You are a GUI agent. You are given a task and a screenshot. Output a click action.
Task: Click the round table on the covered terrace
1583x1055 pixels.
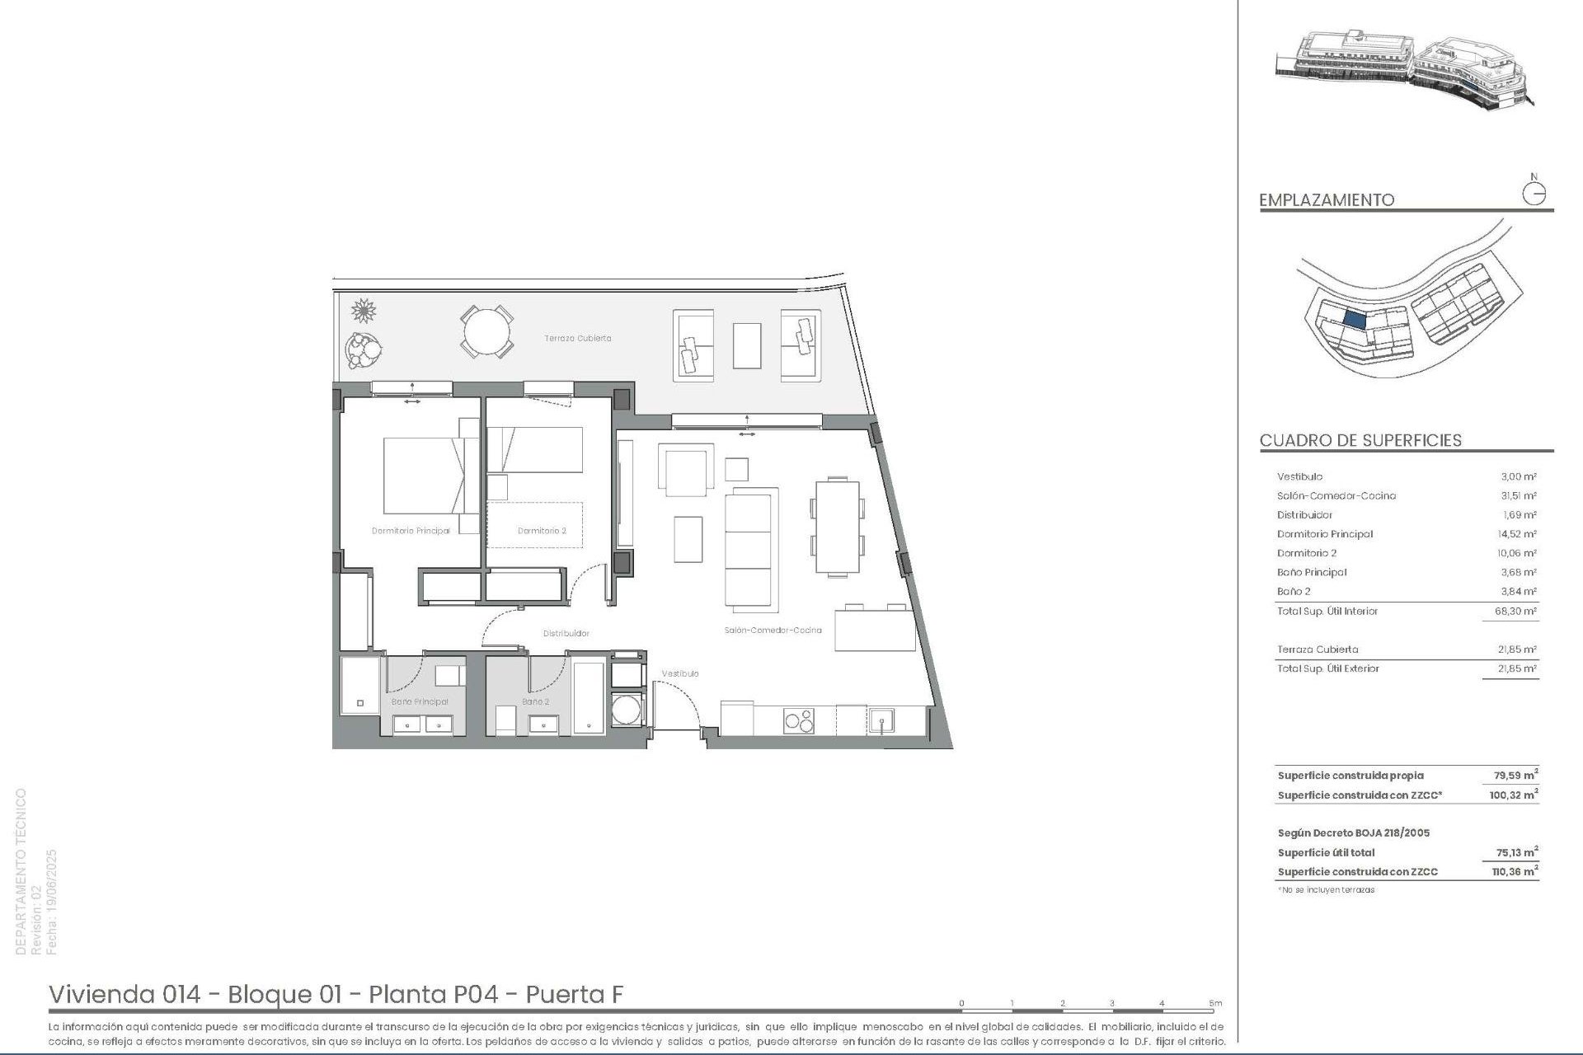point(486,332)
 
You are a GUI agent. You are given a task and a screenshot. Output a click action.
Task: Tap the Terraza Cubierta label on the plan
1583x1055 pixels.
point(577,338)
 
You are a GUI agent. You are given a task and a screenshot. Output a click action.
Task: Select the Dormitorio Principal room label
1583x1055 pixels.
point(411,531)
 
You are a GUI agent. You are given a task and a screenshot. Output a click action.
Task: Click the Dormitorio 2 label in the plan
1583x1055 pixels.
point(542,531)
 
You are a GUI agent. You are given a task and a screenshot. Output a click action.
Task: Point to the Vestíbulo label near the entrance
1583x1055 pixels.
point(680,673)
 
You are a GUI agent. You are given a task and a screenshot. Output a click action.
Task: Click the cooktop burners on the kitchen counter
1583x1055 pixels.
point(798,720)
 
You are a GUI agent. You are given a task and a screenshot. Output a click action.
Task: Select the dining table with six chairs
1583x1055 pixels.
point(838,526)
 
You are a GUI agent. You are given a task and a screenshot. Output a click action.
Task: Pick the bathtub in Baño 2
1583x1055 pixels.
point(589,696)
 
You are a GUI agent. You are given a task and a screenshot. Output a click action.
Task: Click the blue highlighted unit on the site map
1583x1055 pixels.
point(1355,319)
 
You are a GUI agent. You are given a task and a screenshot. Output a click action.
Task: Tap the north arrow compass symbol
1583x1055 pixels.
point(1534,193)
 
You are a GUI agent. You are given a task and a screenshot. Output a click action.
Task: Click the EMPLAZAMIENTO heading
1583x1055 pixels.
point(1327,199)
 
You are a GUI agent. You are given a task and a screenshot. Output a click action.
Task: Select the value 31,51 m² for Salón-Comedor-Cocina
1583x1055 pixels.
point(1518,495)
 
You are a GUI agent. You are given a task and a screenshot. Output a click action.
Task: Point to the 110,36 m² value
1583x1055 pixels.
point(1515,871)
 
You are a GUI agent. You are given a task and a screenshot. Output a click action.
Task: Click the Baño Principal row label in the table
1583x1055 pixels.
point(1312,572)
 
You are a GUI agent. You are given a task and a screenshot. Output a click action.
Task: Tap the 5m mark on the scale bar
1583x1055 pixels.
point(1215,1003)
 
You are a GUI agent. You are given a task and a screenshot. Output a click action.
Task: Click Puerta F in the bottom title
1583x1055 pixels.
point(575,994)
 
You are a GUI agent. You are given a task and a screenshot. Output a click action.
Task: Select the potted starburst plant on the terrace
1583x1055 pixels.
point(364,311)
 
